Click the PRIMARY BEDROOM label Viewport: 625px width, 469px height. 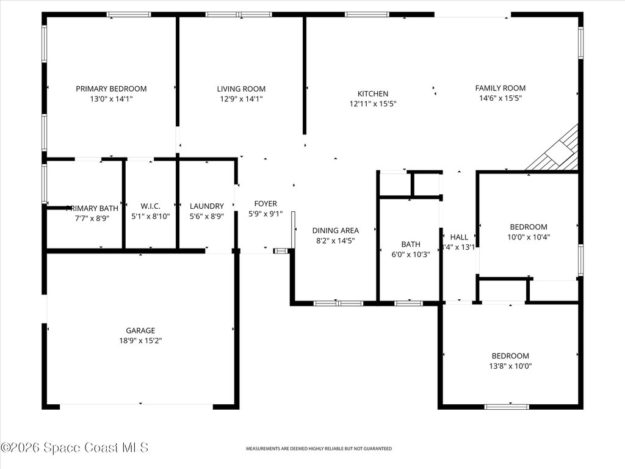pyautogui.click(x=111, y=89)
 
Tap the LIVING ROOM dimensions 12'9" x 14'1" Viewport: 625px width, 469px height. pyautogui.click(x=241, y=99)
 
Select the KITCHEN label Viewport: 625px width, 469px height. pyautogui.click(x=372, y=93)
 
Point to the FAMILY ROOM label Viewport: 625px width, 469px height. pyautogui.click(x=500, y=88)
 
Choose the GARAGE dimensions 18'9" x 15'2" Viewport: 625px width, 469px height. pyautogui.click(x=140, y=341)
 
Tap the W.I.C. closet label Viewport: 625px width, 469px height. pyautogui.click(x=150, y=206)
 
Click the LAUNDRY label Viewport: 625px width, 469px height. pyautogui.click(x=206, y=206)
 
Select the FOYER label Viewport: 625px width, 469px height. pyautogui.click(x=266, y=204)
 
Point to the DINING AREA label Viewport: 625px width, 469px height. pyautogui.click(x=336, y=230)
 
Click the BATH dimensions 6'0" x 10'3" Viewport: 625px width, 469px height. pyautogui.click(x=411, y=255)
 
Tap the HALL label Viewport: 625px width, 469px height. pyautogui.click(x=459, y=237)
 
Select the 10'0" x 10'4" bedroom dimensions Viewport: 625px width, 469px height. pyautogui.click(x=529, y=237)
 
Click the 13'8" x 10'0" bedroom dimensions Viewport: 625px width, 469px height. pyautogui.click(x=510, y=366)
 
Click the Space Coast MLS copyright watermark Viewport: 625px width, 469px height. pyautogui.click(x=74, y=448)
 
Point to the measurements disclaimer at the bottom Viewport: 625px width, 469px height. pyautogui.click(x=319, y=449)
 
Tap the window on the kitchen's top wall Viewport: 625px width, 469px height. pyautogui.click(x=366, y=14)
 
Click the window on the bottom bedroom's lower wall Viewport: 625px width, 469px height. pyautogui.click(x=506, y=406)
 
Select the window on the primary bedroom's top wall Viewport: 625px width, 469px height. pyautogui.click(x=129, y=14)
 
